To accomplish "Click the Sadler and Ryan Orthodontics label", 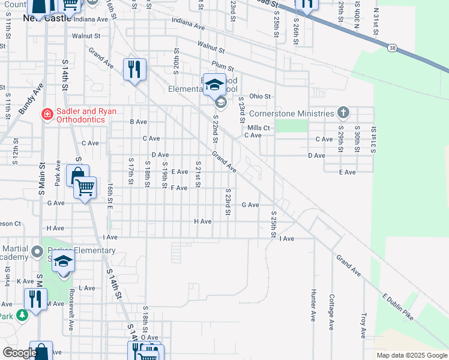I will pos(81,115).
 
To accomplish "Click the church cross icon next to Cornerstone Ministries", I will pos(343,112).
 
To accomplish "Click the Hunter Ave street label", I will pos(313,305).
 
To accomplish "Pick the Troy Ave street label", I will pos(363,325).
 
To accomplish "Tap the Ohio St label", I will pos(261,96).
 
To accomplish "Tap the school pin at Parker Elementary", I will pos(63,262).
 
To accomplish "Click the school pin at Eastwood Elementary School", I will pos(214,85).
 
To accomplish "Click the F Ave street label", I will pos(179,188).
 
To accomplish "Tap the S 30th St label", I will pos(357,139).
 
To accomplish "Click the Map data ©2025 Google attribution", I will pos(412,355).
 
